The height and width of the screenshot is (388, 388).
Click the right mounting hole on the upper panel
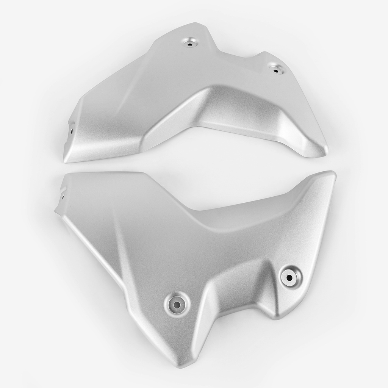[x=275, y=69]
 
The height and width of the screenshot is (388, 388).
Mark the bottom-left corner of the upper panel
[x=65, y=161]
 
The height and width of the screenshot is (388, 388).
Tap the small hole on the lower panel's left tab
[x=63, y=196]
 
